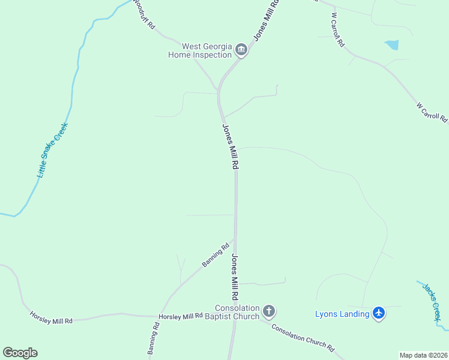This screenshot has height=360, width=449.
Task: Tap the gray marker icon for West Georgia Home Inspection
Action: [x=241, y=50]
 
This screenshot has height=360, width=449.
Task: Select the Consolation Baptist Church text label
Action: [x=237, y=312]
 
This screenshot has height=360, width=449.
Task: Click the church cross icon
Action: [x=269, y=311]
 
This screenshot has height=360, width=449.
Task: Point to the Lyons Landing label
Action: [x=342, y=314]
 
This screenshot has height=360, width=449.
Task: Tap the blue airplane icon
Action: [x=378, y=313]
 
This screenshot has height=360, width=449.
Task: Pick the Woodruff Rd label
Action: [x=144, y=14]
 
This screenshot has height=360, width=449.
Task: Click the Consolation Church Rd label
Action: [x=302, y=337]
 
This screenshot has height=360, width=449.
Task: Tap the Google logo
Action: [x=20, y=353]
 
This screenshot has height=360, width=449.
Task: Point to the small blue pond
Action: [x=392, y=44]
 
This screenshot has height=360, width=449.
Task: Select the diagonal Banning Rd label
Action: [x=216, y=254]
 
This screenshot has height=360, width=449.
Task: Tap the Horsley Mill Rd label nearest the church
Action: [x=181, y=316]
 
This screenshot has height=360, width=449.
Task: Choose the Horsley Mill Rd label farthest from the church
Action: [x=51, y=317]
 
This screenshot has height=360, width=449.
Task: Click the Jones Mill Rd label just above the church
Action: [x=235, y=278]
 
